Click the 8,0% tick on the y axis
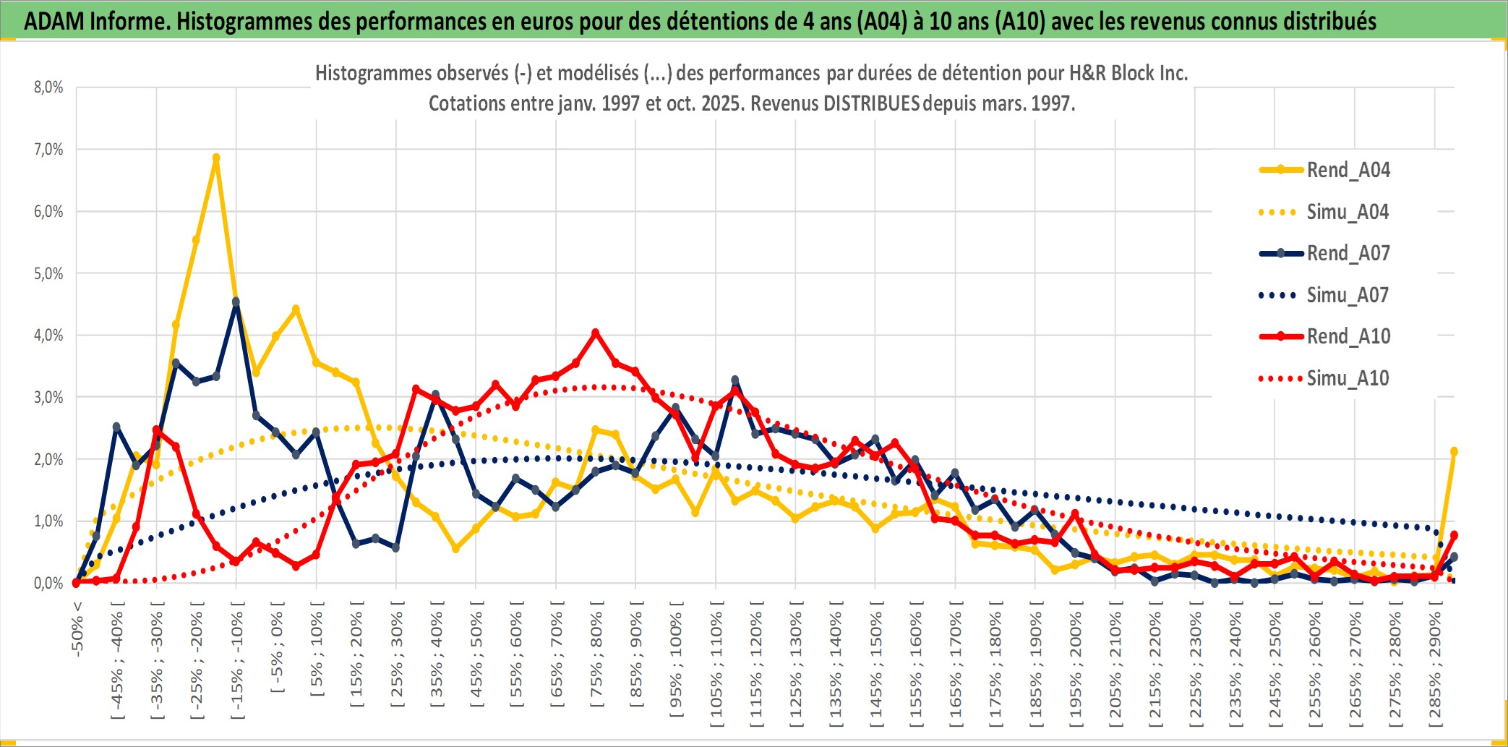pyautogui.click(x=48, y=87)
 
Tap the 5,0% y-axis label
pyautogui.click(x=48, y=273)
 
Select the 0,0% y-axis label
pyautogui.click(x=48, y=583)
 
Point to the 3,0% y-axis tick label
pyautogui.click(x=48, y=397)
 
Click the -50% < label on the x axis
pyautogui.click(x=77, y=628)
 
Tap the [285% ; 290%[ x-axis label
pyautogui.click(x=1435, y=667)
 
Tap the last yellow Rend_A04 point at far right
pyautogui.click(x=1454, y=451)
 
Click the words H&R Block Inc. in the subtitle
pyautogui.click(x=1128, y=73)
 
